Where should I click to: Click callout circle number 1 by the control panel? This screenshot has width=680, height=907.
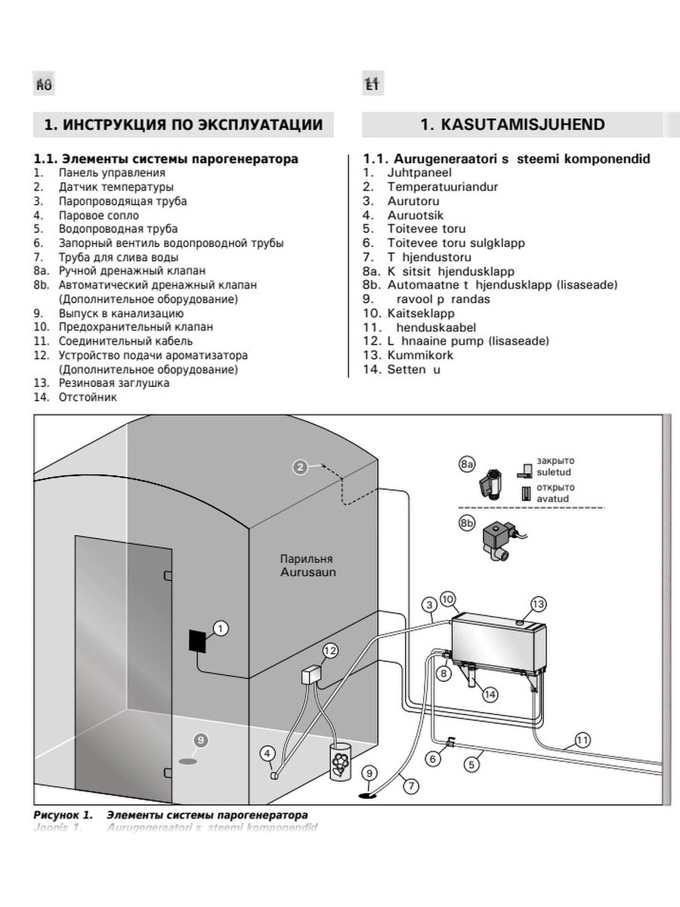(220, 627)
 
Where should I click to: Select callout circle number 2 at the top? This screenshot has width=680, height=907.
(300, 466)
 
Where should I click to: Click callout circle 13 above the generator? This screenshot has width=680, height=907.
(538, 604)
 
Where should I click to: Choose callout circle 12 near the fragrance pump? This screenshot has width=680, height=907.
(329, 650)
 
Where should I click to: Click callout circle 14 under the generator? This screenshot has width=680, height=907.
(490, 692)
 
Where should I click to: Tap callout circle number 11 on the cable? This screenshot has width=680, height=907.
(582, 740)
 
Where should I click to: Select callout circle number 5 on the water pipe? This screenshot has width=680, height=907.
(471, 764)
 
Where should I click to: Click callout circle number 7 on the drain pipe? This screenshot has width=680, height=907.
(410, 785)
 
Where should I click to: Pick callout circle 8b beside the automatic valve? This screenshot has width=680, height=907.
(468, 522)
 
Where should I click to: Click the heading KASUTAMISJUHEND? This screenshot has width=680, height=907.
(512, 125)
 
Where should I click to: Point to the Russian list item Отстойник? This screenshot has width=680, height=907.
(88, 397)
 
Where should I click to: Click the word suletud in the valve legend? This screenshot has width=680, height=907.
(554, 472)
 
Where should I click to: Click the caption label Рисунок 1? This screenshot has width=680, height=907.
(63, 815)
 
